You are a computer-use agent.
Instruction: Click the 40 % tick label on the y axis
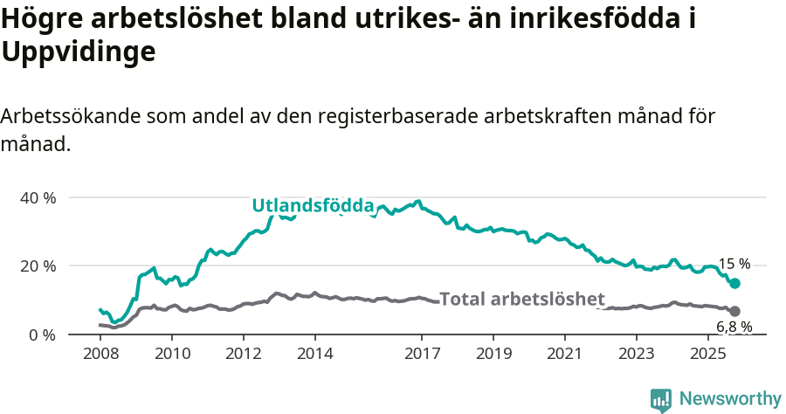coord(38,197)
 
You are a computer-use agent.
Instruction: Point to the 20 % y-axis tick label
coord(38,266)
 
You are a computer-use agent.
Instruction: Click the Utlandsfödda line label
coord(314,206)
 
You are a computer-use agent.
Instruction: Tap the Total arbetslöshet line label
coord(522,298)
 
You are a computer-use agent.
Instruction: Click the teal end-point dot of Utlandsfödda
coord(735,283)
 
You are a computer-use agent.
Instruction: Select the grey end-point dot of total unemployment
coord(735,311)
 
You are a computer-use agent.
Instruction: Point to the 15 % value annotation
coord(734,264)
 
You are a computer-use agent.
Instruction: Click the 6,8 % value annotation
coord(734,328)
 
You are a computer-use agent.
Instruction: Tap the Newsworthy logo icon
coord(661,399)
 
